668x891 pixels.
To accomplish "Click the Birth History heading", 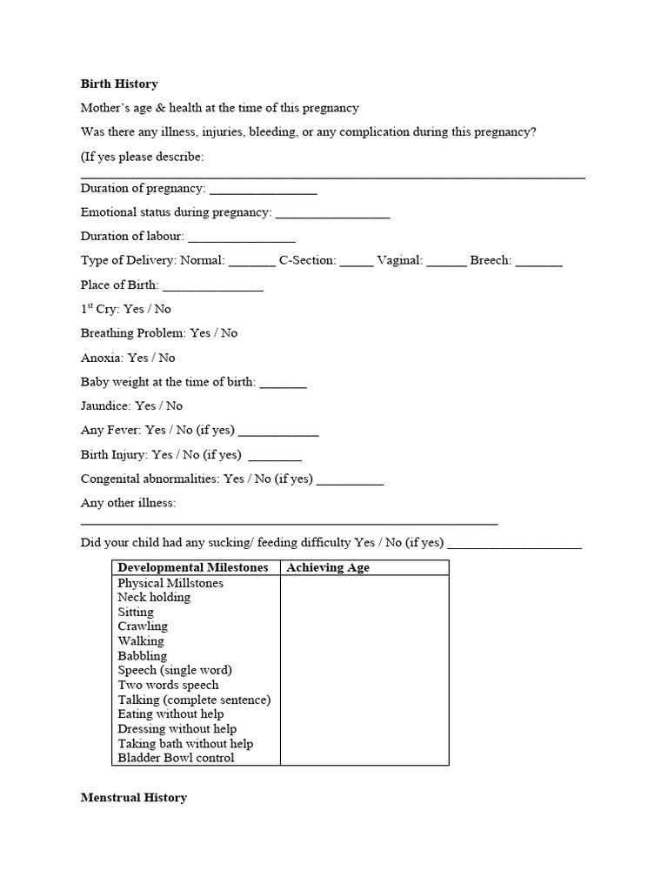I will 119,84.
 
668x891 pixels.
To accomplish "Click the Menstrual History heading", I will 133,797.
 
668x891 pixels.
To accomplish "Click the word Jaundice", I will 106,405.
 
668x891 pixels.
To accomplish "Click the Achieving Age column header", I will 328,567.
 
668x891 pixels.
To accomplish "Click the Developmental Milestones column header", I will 193,567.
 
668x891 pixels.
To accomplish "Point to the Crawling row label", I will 143,626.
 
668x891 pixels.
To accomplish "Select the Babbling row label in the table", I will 143,656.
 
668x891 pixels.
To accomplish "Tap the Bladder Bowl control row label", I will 177,758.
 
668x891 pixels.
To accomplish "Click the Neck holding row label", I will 154,598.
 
